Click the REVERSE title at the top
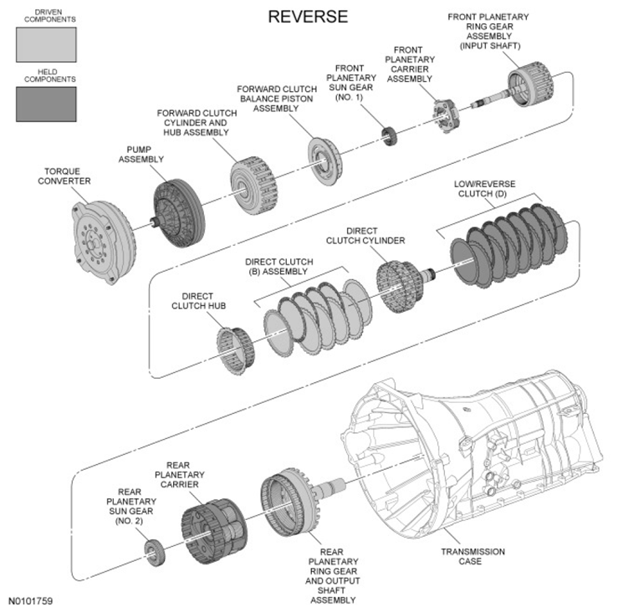(x=308, y=17)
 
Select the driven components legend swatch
(x=46, y=44)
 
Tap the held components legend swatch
(x=46, y=104)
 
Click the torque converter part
(x=103, y=242)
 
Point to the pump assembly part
(x=178, y=213)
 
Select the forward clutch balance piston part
(x=324, y=161)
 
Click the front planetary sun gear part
(x=389, y=137)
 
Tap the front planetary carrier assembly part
(x=447, y=115)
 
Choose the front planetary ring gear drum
(x=530, y=83)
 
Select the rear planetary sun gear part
(x=154, y=552)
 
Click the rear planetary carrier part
(x=214, y=530)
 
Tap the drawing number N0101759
(x=30, y=601)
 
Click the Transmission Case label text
(x=472, y=557)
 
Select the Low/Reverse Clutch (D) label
(x=484, y=189)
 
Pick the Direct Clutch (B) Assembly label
(x=279, y=267)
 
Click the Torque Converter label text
(x=64, y=176)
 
